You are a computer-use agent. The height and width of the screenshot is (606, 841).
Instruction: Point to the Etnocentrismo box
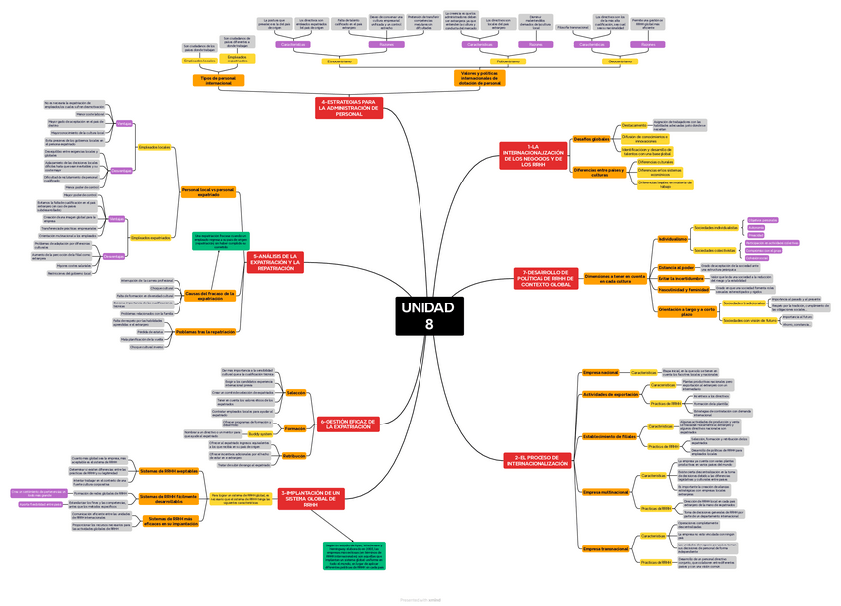coord(339,61)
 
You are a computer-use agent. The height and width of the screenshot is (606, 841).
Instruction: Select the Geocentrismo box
coord(620,61)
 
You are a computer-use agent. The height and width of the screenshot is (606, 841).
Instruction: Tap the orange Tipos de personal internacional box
coord(218,80)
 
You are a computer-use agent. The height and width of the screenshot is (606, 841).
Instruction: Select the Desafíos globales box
coord(592,139)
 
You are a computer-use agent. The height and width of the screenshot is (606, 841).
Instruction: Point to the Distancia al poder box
coord(674,267)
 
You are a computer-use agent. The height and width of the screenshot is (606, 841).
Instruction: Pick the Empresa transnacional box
coord(605,548)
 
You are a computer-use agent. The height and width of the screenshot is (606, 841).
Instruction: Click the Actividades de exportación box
coord(611,394)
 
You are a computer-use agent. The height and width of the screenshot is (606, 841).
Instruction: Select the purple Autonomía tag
coord(757,227)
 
